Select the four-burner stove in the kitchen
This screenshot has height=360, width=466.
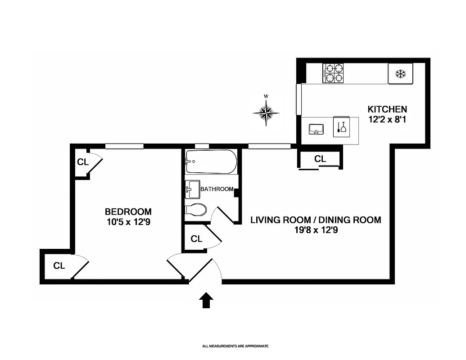[x=333, y=73]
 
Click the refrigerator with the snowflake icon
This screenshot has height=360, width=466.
[x=400, y=73]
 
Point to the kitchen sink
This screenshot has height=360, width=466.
[x=317, y=130]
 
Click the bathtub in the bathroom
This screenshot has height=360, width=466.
[x=211, y=162]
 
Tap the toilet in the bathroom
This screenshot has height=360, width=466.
[x=196, y=210]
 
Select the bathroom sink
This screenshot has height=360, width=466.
[x=193, y=189]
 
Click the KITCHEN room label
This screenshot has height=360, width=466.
[x=387, y=109]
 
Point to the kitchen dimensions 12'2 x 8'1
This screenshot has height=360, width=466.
[x=387, y=120]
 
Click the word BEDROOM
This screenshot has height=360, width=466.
[x=128, y=211]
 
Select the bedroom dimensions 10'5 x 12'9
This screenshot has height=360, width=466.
[x=128, y=221]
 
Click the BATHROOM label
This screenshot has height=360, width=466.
[x=217, y=189]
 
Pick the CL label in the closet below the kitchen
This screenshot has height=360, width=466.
[x=320, y=159]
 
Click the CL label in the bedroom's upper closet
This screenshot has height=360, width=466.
[x=83, y=162]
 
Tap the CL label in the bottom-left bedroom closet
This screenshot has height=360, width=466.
[x=59, y=266]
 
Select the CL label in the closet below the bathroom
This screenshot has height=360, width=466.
[x=196, y=239]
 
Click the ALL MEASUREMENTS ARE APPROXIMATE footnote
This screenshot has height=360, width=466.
[x=235, y=346]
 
